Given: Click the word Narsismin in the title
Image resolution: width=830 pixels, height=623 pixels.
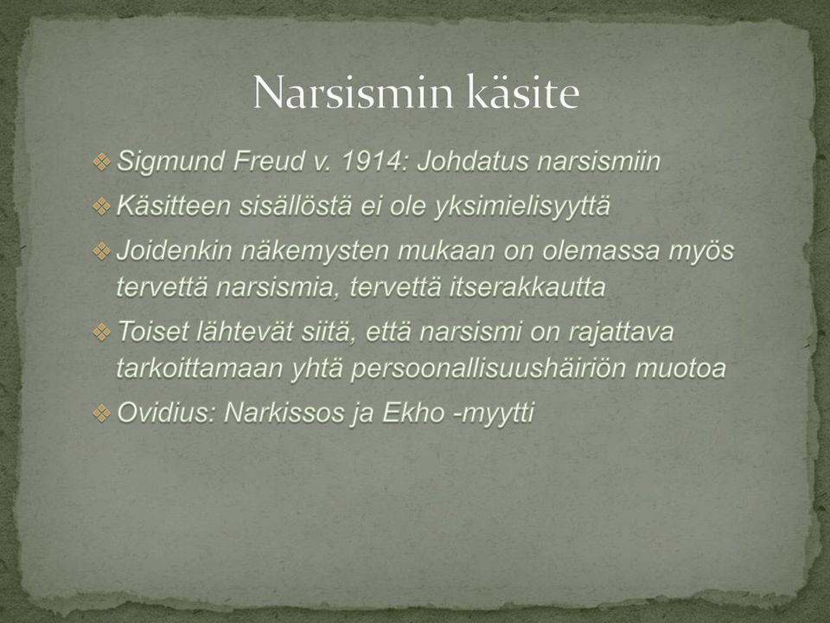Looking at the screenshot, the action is (354, 93).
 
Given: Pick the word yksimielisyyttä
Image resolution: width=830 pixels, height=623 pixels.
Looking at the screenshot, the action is (522, 207).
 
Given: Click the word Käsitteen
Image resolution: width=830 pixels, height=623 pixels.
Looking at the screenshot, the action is (174, 206).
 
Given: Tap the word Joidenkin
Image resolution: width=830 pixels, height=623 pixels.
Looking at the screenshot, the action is (174, 251).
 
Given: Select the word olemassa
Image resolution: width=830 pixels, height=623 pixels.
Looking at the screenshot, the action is (600, 251).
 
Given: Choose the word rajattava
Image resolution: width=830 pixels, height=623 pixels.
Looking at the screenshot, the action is (621, 332).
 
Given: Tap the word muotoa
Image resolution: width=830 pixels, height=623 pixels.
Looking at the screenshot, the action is (680, 369).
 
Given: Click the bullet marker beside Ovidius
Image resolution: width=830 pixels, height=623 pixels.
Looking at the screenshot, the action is (101, 413).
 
